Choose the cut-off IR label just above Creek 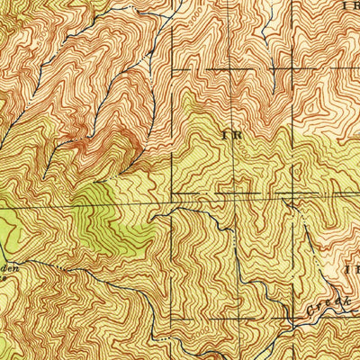point(352,269)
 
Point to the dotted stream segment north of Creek point(306,243)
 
